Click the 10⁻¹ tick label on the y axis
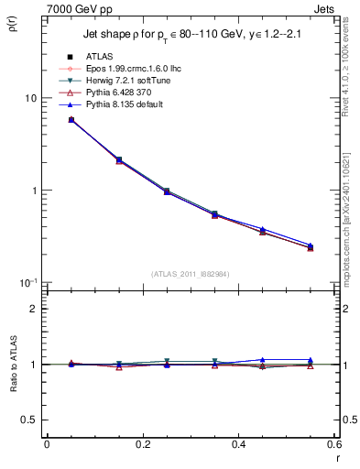(27, 282)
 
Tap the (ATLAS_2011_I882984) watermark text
(191, 274)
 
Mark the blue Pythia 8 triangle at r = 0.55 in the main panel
(310, 245)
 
